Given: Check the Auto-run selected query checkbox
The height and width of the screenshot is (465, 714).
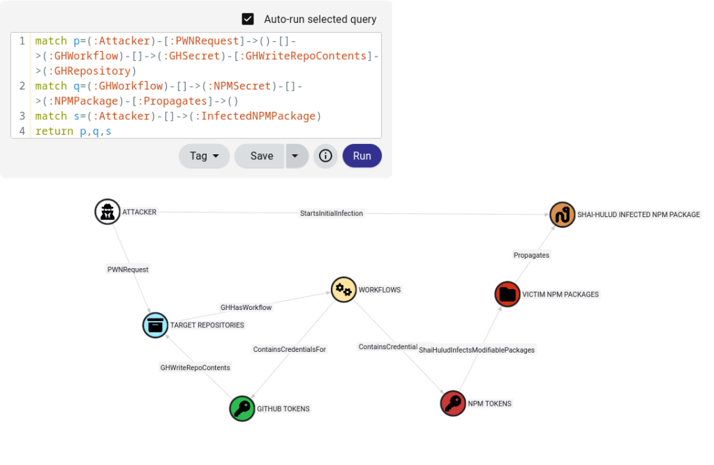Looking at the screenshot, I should [x=248, y=19].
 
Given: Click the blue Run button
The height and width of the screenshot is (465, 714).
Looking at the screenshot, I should [x=362, y=156].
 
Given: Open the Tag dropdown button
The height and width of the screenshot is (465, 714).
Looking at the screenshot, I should [x=204, y=156].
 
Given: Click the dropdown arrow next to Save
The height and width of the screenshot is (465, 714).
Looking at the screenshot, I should [x=296, y=156].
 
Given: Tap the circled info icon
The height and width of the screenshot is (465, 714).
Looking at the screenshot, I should [x=325, y=156].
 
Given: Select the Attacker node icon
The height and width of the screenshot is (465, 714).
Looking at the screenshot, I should [x=107, y=212].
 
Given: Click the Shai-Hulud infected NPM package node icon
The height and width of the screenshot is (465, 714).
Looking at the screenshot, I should [x=562, y=214].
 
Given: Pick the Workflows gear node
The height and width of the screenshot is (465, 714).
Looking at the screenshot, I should [x=343, y=289].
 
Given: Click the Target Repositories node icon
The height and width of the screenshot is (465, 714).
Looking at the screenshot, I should [x=156, y=325].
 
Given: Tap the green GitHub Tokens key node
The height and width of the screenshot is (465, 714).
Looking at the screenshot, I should [x=242, y=408].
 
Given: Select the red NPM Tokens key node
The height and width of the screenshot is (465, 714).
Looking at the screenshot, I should [x=453, y=404].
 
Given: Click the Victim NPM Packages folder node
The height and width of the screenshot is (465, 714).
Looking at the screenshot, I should [x=507, y=294].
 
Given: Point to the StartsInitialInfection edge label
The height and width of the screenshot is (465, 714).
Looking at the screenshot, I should [x=332, y=213].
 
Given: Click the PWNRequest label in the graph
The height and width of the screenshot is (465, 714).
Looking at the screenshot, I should [x=128, y=269].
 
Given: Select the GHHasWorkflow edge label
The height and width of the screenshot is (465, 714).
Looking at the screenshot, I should [x=246, y=307].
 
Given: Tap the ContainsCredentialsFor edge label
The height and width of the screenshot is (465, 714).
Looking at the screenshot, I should [x=289, y=349].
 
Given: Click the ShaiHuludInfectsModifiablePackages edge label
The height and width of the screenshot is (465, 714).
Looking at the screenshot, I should [x=477, y=350].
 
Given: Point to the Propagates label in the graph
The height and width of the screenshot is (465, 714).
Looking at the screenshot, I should [x=531, y=255].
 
